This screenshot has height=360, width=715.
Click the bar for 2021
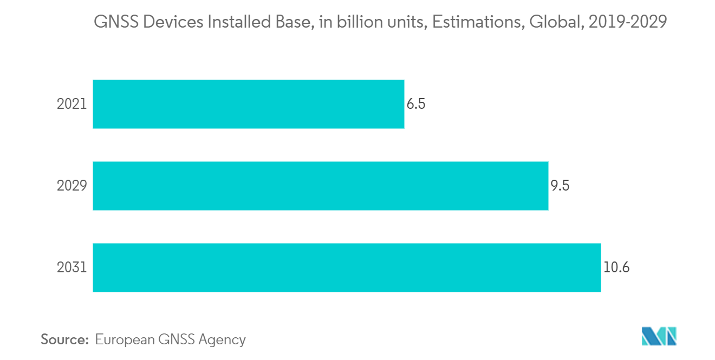point(248,104)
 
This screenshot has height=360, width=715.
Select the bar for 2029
point(320,186)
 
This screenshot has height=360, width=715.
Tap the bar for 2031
point(347,267)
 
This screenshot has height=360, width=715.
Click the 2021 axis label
point(71,104)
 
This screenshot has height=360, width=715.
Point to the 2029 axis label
point(71,186)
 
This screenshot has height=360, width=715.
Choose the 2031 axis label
point(71,267)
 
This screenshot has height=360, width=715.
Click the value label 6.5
point(416,104)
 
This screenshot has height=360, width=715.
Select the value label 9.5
point(560,186)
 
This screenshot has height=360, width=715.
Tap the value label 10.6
point(616,267)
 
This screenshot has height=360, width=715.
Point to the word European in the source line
point(124,340)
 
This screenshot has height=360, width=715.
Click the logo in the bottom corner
point(659,336)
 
